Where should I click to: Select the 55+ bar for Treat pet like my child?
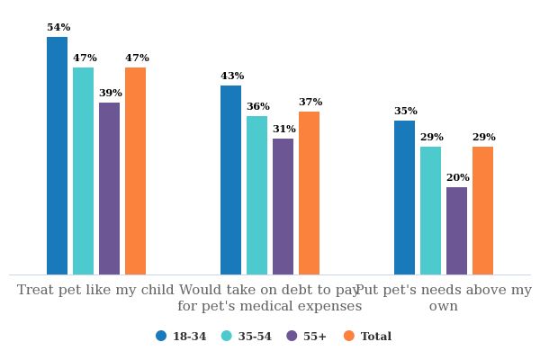point(109,188)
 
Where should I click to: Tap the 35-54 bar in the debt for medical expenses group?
point(256,195)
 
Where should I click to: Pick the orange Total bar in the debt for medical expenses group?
point(309,193)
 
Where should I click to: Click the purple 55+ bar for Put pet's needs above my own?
point(456,230)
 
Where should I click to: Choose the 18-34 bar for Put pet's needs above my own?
point(404,197)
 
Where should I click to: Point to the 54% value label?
point(58,28)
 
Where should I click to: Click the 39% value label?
point(111,94)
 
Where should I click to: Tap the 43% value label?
point(232,76)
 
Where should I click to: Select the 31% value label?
point(284,130)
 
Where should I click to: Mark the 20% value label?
point(458,178)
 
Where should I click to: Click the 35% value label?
point(406,112)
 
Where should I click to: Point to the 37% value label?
point(310,103)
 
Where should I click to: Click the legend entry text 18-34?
point(189,337)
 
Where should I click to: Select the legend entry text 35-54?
point(255,337)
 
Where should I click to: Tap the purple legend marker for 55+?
point(292,336)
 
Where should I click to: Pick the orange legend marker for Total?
point(348,336)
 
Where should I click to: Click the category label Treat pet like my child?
point(95,290)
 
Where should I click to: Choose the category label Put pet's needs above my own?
point(444,298)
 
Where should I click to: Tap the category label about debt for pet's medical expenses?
point(269,298)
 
